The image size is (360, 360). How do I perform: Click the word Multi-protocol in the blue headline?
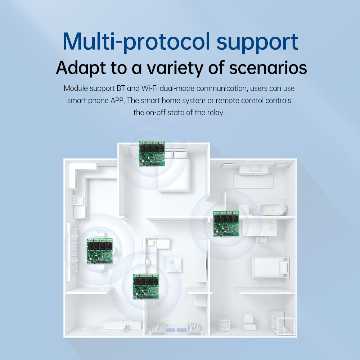[136, 42]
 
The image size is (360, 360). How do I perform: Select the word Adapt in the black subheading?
[81, 68]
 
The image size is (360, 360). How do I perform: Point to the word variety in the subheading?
[175, 68]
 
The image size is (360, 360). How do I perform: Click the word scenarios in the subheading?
[268, 68]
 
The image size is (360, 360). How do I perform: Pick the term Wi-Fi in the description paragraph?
[149, 88]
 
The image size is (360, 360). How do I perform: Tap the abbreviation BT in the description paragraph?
[121, 88]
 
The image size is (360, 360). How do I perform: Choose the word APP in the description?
[117, 100]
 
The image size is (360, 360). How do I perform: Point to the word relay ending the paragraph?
[216, 113]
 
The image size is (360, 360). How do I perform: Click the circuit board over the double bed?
[152, 153]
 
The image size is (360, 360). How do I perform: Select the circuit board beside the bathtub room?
[226, 224]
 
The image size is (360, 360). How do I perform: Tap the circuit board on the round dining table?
[100, 251]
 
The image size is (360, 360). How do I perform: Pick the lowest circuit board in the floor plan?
[146, 286]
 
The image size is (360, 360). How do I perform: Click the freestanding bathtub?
[273, 209]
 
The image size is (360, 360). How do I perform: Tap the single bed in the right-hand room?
[270, 267]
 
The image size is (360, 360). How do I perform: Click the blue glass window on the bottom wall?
[176, 330]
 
